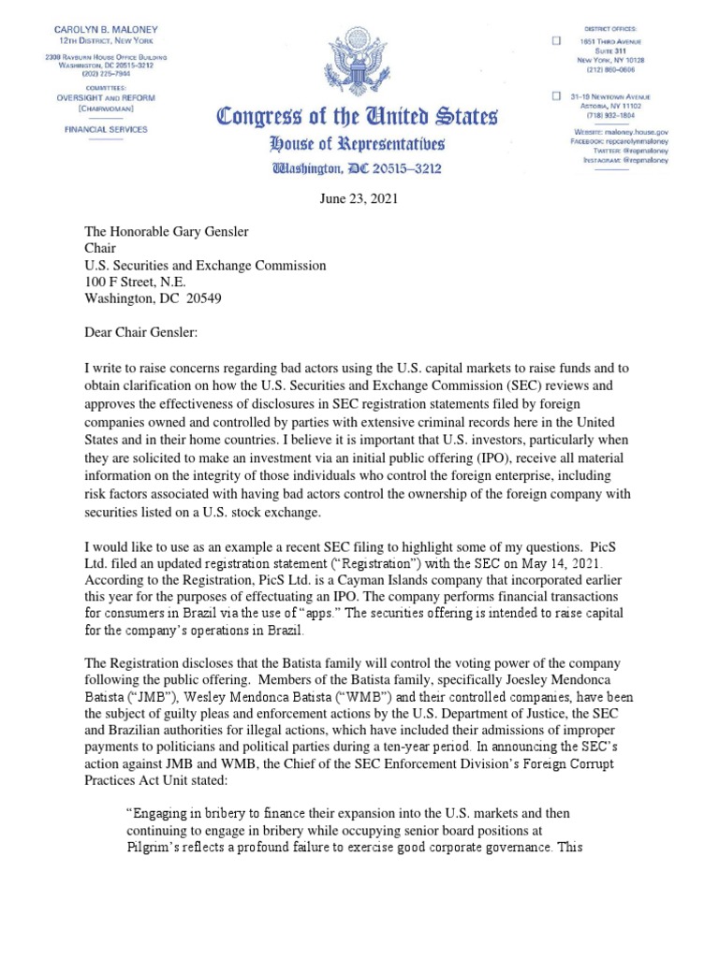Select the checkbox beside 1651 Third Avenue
point(556,41)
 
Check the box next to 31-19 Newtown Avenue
point(556,96)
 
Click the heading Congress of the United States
point(359,119)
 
